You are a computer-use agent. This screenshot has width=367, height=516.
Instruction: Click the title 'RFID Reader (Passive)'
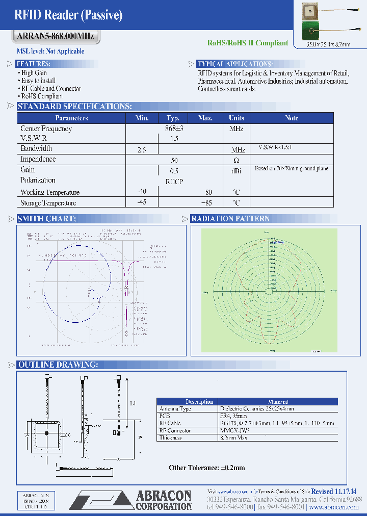pyautogui.click(x=69, y=15)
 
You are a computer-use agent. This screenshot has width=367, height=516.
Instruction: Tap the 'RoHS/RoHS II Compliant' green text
pyautogui.click(x=247, y=43)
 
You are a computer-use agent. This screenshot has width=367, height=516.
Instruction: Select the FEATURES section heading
pyautogui.click(x=33, y=64)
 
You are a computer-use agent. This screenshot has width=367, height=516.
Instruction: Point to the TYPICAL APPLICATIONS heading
pyautogui.click(x=235, y=64)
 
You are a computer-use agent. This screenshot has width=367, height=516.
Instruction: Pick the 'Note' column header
pyautogui.click(x=292, y=118)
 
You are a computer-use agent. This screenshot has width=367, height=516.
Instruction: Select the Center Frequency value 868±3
pyautogui.click(x=173, y=129)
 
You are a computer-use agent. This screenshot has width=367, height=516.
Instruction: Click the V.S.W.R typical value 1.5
pyautogui.click(x=174, y=139)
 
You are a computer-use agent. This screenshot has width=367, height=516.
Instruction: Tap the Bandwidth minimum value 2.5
pyautogui.click(x=142, y=150)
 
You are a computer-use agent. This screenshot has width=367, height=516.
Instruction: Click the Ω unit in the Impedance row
pyautogui.click(x=236, y=160)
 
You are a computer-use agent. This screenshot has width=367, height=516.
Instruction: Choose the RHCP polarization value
pyautogui.click(x=174, y=182)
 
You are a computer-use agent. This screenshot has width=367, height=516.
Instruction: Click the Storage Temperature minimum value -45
pyautogui.click(x=142, y=203)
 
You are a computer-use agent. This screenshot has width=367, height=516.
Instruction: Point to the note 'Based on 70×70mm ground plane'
pyautogui.click(x=292, y=169)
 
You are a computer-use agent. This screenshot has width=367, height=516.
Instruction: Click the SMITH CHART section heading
pyautogui.click(x=46, y=219)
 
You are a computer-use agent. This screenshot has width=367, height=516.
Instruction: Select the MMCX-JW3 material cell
pyautogui.click(x=234, y=430)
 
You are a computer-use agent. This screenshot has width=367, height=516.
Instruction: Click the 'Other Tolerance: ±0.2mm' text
pyautogui.click(x=207, y=468)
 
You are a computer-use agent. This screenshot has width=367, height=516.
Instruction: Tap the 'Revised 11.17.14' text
pyautogui.click(x=333, y=491)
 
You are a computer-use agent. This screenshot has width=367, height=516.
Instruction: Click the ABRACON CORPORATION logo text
pyautogui.click(x=164, y=500)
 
